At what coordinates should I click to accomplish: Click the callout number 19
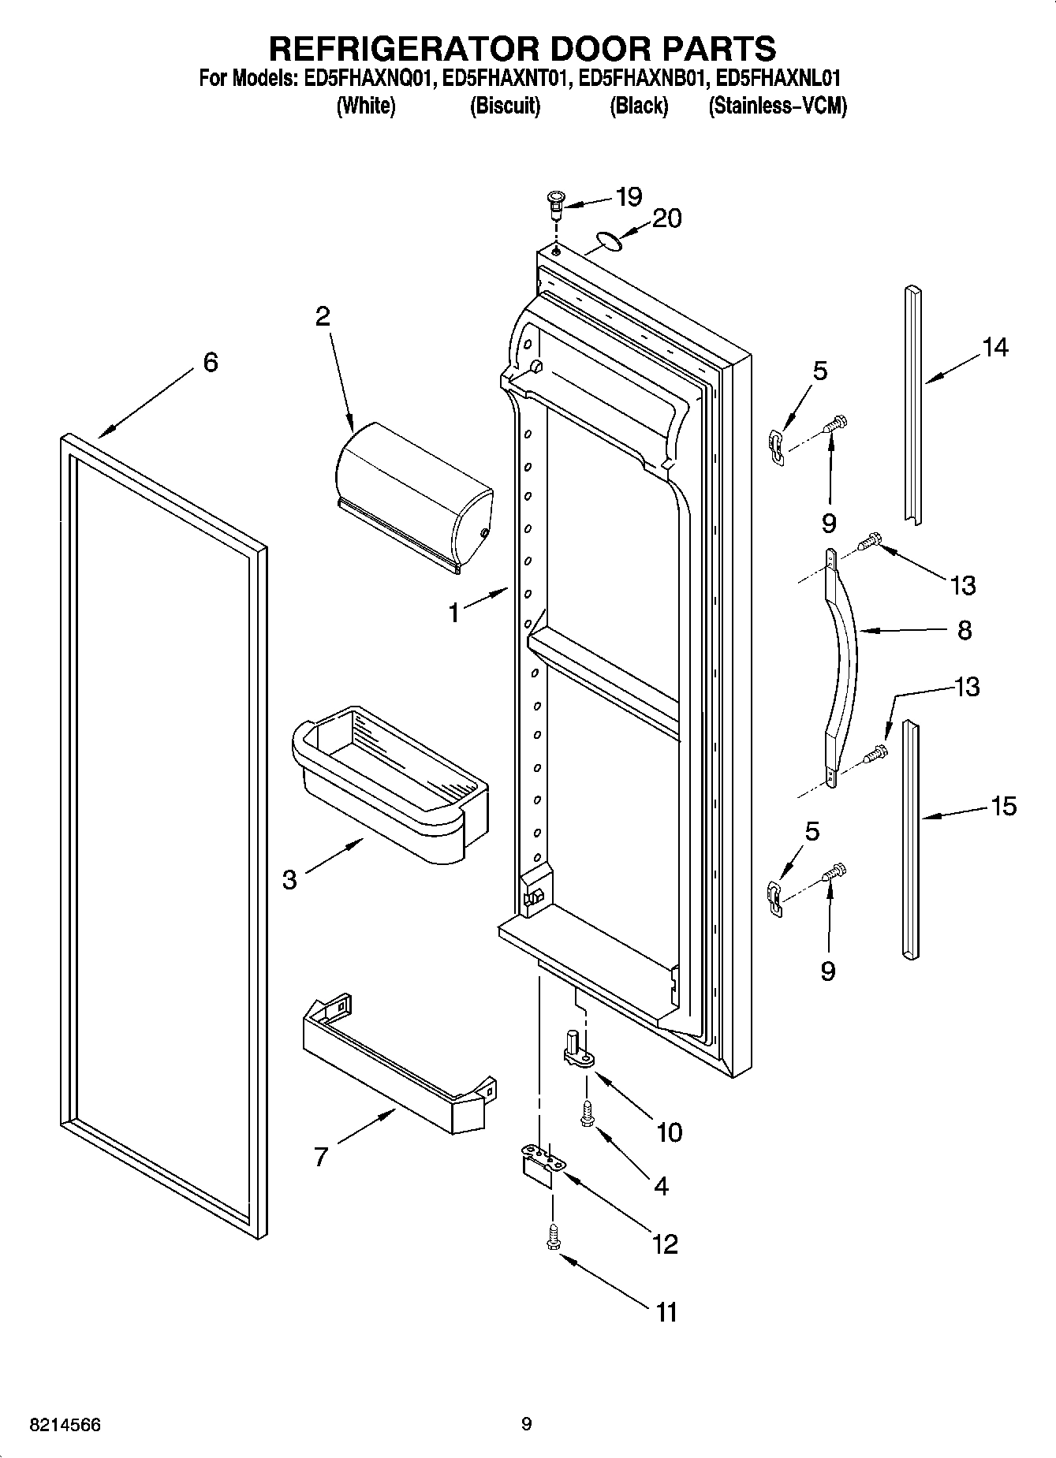(629, 196)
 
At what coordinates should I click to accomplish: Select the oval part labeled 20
(607, 241)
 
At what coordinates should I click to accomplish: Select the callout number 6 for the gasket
(210, 362)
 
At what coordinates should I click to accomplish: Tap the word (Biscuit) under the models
(505, 106)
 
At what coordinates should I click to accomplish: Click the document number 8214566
(65, 1425)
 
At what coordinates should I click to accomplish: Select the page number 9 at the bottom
(526, 1424)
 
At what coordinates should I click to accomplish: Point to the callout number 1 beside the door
(454, 612)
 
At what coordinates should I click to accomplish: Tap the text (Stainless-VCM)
(778, 106)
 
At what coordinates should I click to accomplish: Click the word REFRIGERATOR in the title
(404, 48)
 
